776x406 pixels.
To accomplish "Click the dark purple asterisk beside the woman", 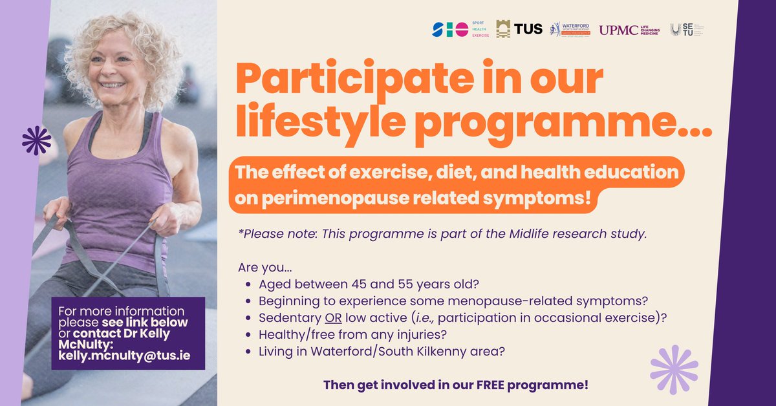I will pos(36,140).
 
